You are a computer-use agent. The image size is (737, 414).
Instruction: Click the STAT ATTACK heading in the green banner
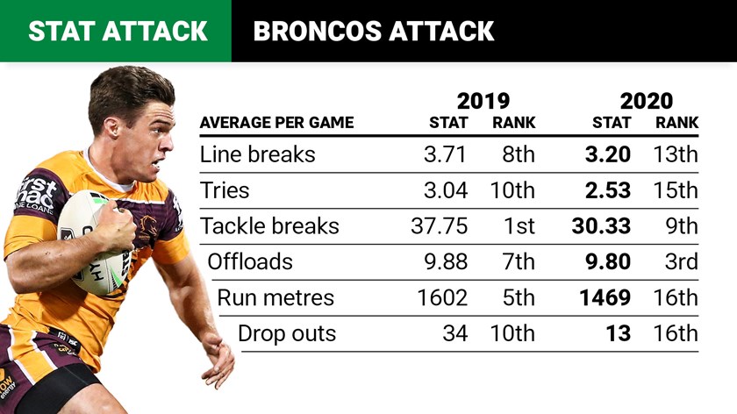tap(118, 32)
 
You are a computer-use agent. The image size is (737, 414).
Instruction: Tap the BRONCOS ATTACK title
tap(373, 32)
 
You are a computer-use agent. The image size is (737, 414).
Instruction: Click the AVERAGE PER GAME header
tap(276, 123)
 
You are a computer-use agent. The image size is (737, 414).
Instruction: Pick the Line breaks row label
tap(258, 155)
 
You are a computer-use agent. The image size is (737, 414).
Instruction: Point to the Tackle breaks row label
tap(269, 226)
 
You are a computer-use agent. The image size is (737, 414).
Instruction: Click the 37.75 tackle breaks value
tap(439, 226)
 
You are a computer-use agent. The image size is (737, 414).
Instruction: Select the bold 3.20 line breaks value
tap(607, 155)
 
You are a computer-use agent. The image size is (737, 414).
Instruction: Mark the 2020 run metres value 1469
tap(605, 298)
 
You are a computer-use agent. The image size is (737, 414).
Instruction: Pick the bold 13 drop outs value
tap(618, 334)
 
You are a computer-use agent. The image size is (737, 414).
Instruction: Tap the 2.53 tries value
tap(607, 191)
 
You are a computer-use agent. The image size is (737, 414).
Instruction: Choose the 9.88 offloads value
tap(445, 262)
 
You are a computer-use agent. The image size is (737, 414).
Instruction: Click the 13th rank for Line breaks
tap(676, 155)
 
